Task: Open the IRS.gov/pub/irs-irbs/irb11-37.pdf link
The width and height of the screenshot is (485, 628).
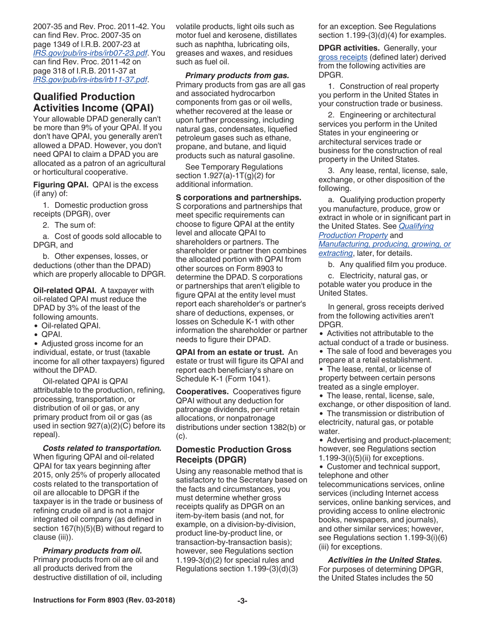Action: coord(90,80)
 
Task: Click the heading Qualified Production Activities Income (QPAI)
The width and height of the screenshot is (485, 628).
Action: coord(93,102)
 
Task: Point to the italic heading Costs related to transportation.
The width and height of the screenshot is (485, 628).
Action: coord(102,448)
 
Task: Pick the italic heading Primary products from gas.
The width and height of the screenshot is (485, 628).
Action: coord(240,76)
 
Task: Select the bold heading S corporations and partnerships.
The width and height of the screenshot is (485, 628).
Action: coord(238,198)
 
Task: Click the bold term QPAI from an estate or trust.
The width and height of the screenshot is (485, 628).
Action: coord(230,352)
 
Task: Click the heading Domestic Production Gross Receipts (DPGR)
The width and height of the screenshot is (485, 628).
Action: coord(234,454)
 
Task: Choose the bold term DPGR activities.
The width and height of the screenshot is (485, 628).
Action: coord(349,48)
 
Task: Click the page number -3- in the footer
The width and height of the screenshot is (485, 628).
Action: coord(242,601)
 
